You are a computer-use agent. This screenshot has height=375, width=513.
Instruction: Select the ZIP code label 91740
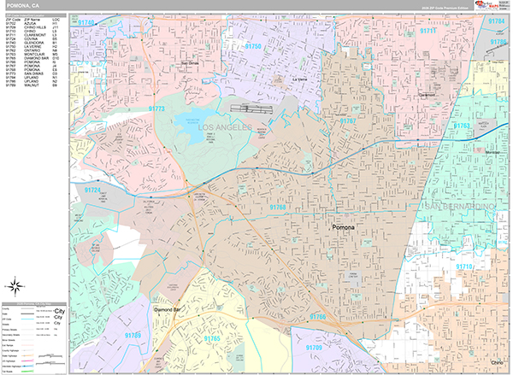click(85, 21)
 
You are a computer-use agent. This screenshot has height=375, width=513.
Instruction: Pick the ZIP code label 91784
click(496, 20)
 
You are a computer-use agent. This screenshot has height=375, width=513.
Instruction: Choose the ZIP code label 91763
click(463, 126)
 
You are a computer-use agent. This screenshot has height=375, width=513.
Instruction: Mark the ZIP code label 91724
click(93, 189)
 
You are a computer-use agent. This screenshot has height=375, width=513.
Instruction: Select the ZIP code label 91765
click(212, 339)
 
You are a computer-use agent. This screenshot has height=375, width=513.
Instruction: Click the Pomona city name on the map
click(346, 229)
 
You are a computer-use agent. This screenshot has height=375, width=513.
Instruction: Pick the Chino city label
click(496, 361)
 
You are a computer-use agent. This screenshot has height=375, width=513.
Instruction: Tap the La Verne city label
click(300, 79)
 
